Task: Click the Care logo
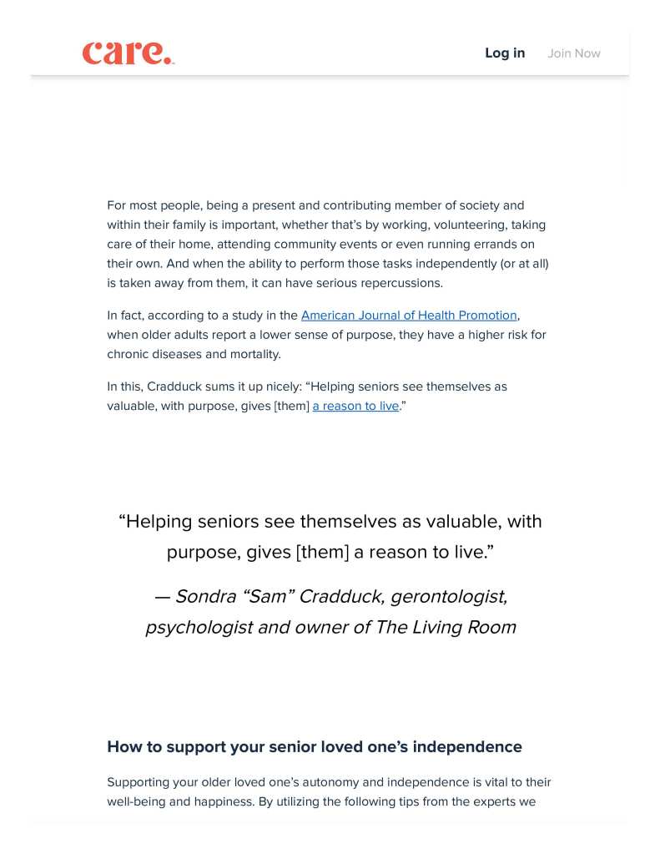click(x=128, y=53)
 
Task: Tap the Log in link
click(x=505, y=53)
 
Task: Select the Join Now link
click(x=574, y=53)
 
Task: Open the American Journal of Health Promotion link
click(x=409, y=316)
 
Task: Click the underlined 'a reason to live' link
click(x=355, y=407)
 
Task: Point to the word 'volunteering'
click(x=468, y=225)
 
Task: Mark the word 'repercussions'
click(x=401, y=283)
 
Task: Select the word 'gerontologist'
click(x=448, y=597)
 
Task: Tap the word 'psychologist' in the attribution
click(x=199, y=628)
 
